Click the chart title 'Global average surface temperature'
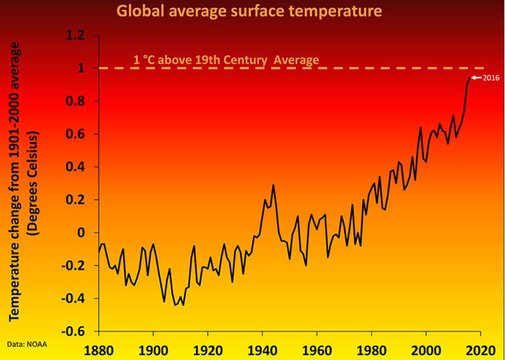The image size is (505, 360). [250, 11]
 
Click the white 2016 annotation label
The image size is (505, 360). [492, 78]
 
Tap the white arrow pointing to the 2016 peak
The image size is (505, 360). [476, 78]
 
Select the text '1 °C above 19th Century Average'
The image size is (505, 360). [226, 60]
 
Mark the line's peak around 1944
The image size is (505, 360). [273, 185]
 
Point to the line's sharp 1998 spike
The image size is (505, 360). [421, 127]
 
